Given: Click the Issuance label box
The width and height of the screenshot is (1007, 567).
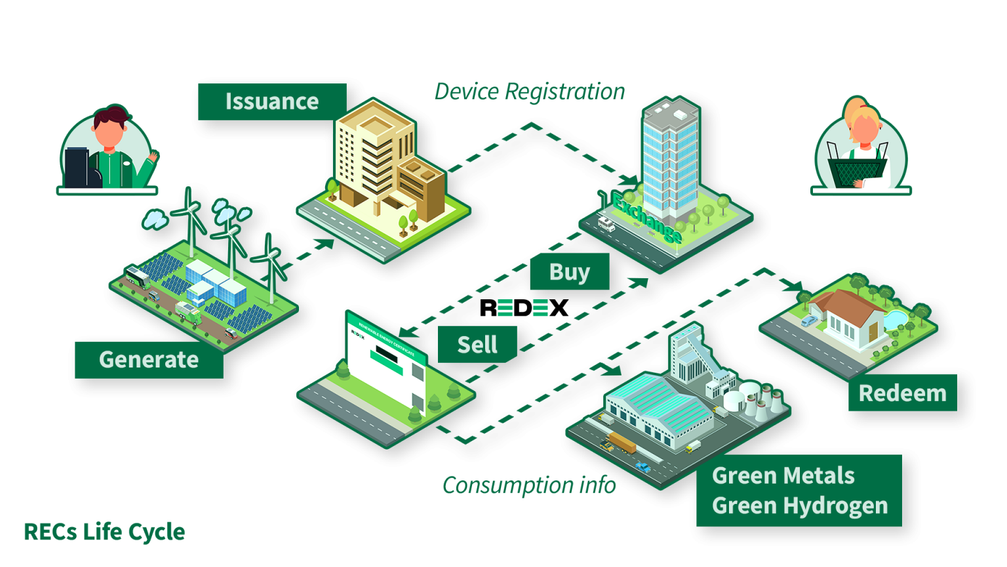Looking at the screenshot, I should click(272, 102).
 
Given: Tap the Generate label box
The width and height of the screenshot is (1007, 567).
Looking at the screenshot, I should click(149, 360).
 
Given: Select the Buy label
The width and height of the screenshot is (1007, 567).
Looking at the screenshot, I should click(569, 272).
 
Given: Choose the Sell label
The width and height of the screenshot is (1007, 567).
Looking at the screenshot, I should click(477, 345).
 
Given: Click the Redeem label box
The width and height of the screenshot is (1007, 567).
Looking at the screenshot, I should click(902, 393).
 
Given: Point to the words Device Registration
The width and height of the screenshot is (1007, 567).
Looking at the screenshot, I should click(529, 92).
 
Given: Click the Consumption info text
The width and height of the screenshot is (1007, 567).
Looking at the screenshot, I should click(529, 486).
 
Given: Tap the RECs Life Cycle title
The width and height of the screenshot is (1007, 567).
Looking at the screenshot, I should click(104, 532).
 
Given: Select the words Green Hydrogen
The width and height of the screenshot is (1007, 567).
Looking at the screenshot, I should click(800, 506).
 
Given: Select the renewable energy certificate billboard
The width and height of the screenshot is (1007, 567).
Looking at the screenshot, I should click(387, 358).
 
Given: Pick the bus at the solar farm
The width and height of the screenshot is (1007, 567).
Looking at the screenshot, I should click(138, 277).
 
